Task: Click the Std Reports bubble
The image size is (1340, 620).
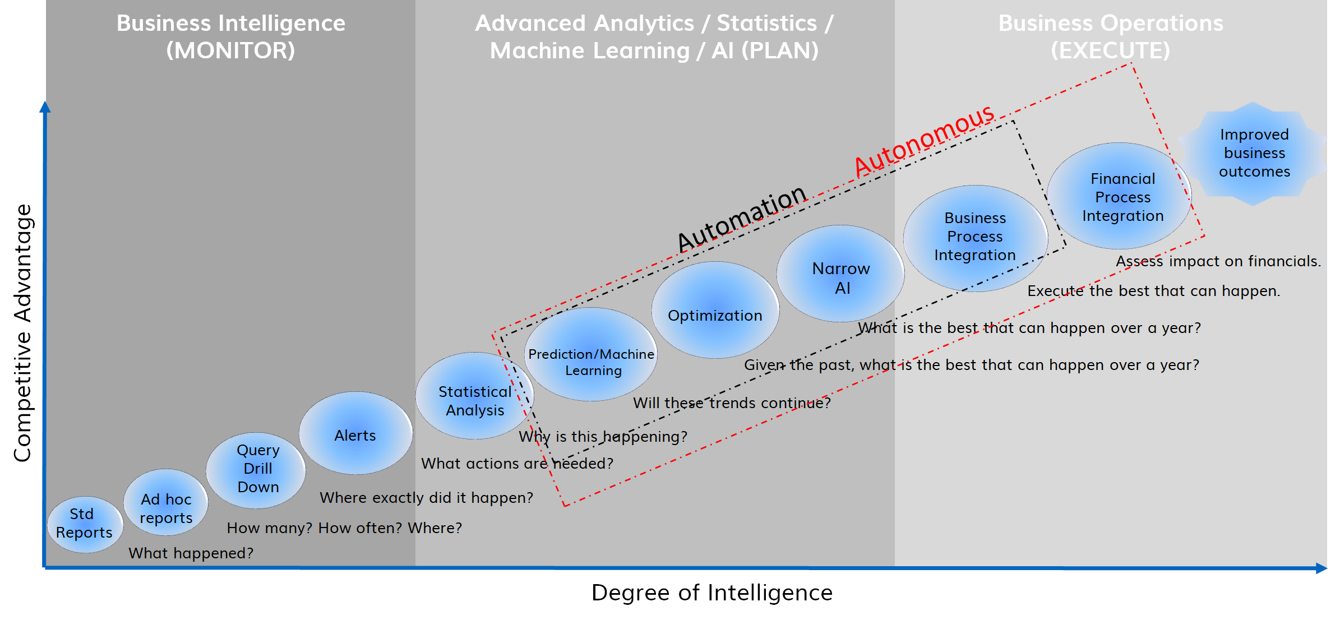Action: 85,524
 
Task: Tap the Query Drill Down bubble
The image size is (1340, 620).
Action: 256,470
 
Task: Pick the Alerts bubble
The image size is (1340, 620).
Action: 356,433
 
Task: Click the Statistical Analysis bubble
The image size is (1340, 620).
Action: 475,396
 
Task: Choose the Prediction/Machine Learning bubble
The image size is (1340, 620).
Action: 592,354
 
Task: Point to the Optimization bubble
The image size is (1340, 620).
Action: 715,310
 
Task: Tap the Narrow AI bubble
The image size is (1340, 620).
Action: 841,274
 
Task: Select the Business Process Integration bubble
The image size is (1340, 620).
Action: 976,238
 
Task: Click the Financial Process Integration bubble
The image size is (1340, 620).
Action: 1120,196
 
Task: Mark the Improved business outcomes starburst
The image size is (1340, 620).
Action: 1254,154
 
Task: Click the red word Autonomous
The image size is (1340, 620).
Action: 924,140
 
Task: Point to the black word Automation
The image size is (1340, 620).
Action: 741,218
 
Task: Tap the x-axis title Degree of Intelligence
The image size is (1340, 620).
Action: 712,593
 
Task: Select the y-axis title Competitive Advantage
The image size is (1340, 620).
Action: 22,333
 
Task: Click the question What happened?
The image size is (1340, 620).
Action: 191,553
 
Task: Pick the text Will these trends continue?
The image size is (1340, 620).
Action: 732,403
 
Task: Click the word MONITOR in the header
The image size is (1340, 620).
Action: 230,50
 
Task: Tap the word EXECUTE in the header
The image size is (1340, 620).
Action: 1111,50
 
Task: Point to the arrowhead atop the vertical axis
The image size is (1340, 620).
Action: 45,107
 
